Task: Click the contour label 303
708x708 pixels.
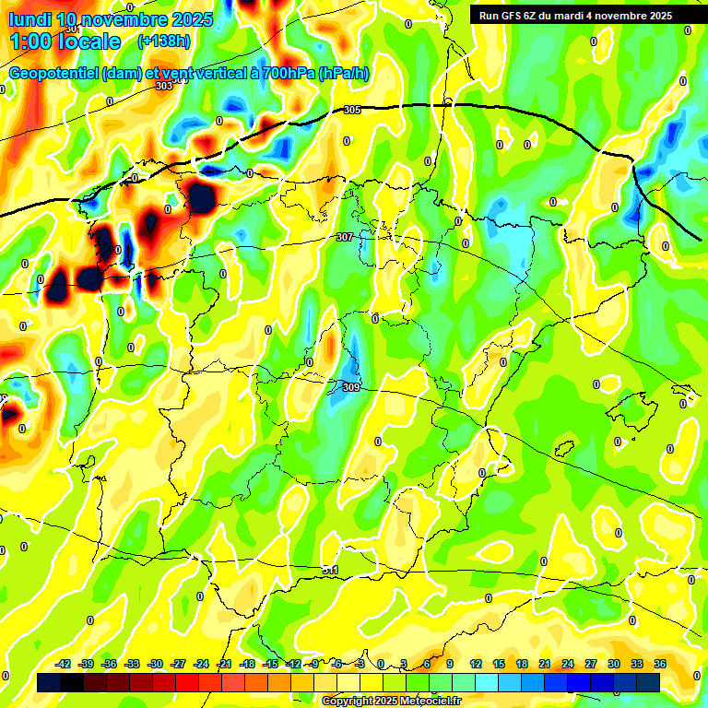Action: click(x=164, y=86)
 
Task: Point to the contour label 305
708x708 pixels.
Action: click(x=351, y=110)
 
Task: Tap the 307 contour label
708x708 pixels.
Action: click(x=344, y=237)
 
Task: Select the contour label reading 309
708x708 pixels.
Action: click(x=350, y=387)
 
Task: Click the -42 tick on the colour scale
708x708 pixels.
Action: click(x=63, y=664)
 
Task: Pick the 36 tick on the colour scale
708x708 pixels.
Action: click(x=660, y=664)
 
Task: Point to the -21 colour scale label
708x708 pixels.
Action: click(x=224, y=664)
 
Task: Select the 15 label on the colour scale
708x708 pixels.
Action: click(x=499, y=664)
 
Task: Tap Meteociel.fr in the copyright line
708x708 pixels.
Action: click(x=424, y=701)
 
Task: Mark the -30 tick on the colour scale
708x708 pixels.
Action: click(x=155, y=664)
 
